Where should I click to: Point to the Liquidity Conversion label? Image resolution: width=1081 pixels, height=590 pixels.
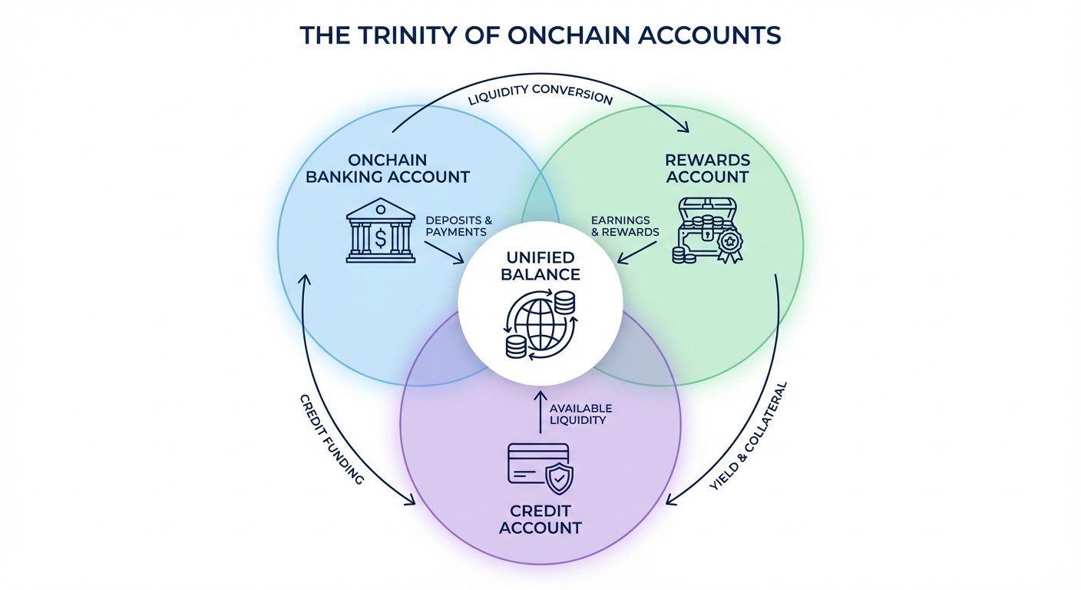click(540, 96)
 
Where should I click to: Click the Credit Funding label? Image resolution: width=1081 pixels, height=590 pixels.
click(330, 438)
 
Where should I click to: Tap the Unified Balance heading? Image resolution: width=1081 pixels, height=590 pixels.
click(540, 266)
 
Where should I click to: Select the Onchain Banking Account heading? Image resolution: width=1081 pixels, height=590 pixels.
click(388, 168)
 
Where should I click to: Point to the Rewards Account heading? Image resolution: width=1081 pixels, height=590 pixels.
click(707, 168)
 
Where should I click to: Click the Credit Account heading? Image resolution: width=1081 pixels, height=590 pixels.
click(540, 519)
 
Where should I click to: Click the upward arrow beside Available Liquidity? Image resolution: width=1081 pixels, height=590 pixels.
click(540, 411)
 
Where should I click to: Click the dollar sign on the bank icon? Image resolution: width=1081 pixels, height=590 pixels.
click(381, 237)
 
